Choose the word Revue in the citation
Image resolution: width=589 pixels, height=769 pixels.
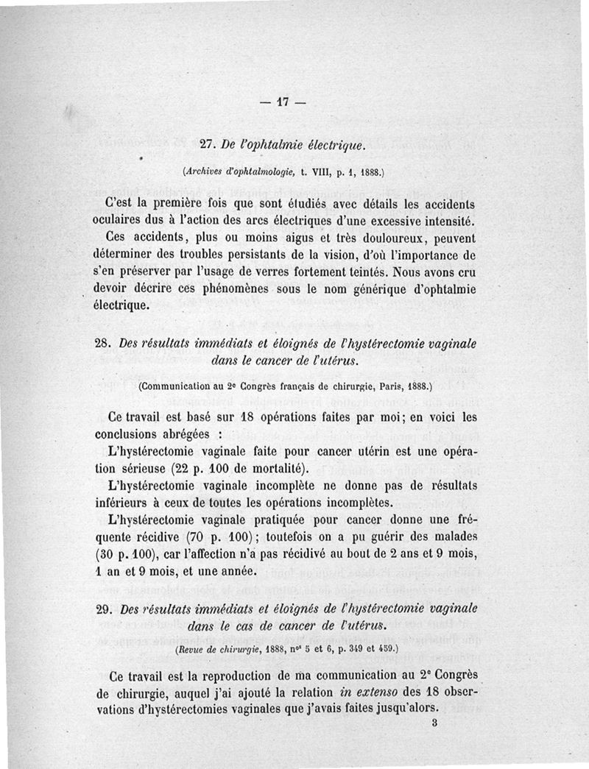coord(194,650)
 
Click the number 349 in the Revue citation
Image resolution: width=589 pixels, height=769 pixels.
coord(346,650)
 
